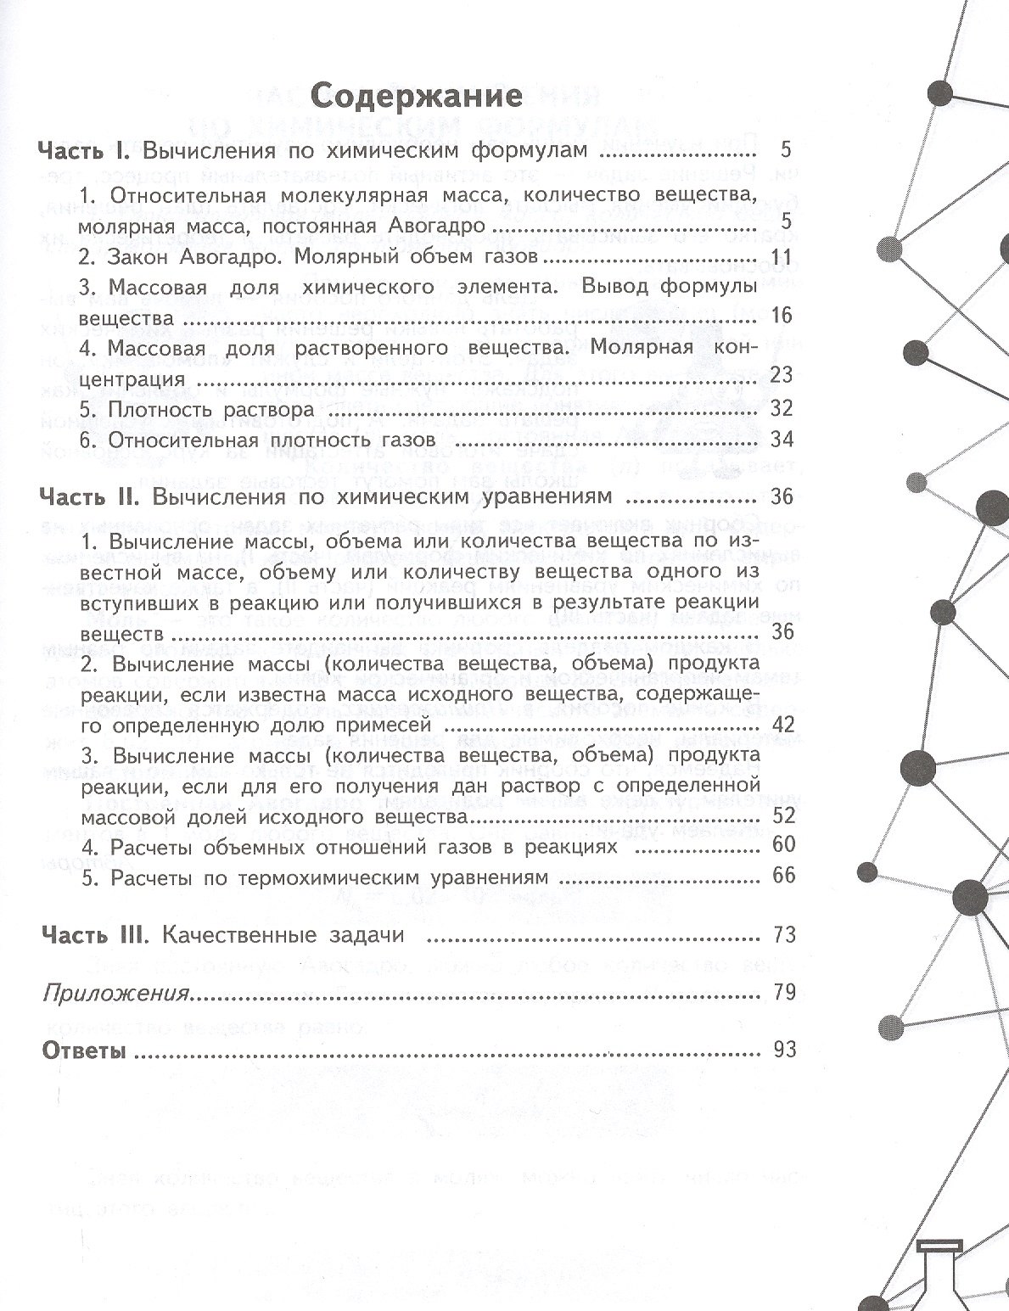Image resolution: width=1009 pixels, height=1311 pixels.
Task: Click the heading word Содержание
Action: [415, 95]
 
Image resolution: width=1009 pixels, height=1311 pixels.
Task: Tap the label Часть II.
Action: [87, 496]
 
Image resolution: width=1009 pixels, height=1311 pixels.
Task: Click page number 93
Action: [784, 1050]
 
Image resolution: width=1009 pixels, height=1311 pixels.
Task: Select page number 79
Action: [784, 992]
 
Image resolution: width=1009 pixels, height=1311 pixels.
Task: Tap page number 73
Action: [784, 935]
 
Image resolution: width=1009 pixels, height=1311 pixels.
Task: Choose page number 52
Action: [784, 815]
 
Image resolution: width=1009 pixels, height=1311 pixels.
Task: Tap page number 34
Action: [782, 440]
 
